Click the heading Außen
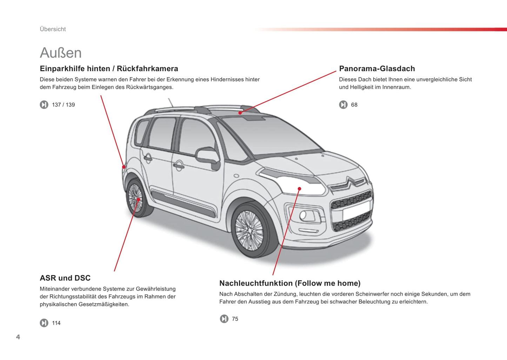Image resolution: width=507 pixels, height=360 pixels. coord(61,53)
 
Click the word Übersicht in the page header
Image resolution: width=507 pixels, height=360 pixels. coord(53,29)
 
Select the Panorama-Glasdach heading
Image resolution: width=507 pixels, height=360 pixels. coord(377,68)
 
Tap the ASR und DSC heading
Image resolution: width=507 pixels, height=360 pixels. coord(65,278)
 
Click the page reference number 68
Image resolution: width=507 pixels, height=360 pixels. coord(354,105)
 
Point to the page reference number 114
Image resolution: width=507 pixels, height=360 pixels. coord(56,323)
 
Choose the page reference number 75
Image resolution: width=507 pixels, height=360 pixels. coord(235,319)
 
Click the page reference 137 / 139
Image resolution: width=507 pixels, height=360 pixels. coord(63,105)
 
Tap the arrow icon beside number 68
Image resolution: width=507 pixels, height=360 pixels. coord(343,105)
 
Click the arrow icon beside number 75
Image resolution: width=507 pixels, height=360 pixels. coord(224,319)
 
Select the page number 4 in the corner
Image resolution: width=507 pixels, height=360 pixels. coord(18,337)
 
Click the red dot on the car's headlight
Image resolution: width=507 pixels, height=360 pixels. coord(299,189)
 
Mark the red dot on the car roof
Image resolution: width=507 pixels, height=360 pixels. coord(240,113)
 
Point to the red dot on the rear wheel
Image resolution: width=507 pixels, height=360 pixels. coord(138,199)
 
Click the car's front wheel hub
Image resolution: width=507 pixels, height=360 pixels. coord(249,231)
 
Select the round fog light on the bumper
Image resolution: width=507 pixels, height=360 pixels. coord(303,215)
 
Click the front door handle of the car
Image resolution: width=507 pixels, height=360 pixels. coord(179,165)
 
